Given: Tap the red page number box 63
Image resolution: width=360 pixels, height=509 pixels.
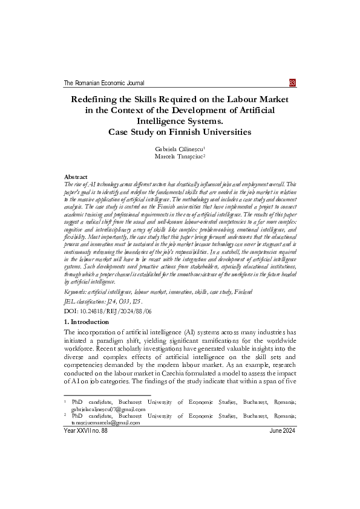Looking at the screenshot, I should [292, 83].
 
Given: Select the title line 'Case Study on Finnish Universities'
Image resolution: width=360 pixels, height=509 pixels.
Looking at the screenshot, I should [179, 132].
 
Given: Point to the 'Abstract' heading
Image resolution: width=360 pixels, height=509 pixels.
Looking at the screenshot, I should [76, 176].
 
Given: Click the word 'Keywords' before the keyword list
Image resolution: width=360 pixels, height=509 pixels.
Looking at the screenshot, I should [76, 291].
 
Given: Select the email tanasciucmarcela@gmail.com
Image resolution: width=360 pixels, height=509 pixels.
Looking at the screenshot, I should [105, 423].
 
